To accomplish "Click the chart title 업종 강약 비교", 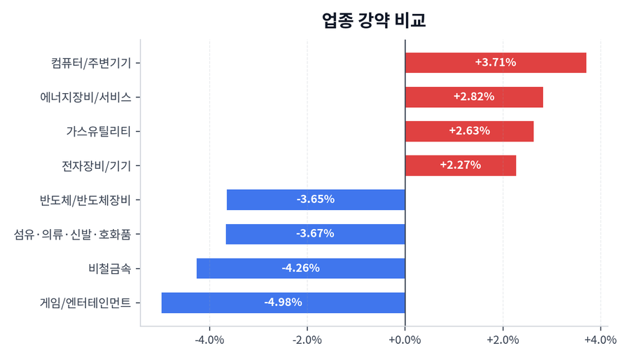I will coord(374,20).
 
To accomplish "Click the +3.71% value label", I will coord(496,62).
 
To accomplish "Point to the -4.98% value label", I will coord(283,303).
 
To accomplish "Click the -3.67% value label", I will coord(315,234).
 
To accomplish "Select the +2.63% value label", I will coord(469,131).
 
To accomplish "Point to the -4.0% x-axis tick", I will coord(209,340).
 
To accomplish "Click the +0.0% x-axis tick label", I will coord(405,340).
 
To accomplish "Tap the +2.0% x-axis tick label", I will coord(502,340).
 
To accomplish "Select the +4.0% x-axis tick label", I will coord(599,340).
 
